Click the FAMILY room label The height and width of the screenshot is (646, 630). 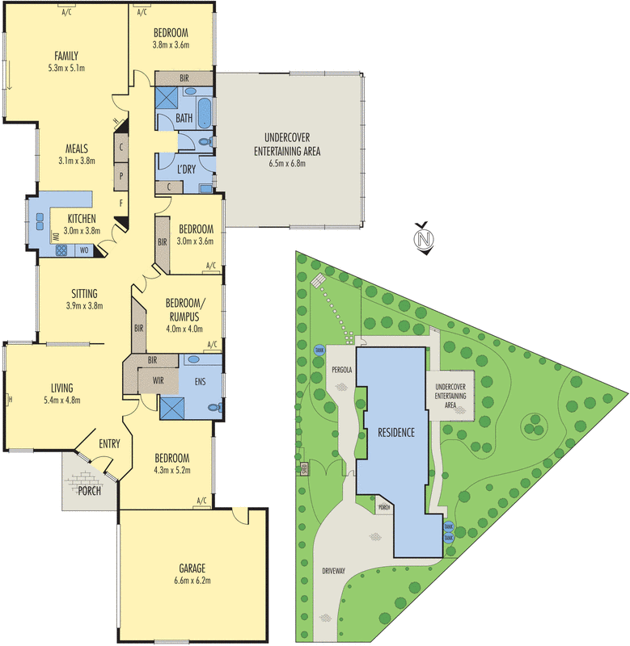coord(66,56)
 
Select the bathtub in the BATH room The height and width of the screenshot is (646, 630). coord(205,112)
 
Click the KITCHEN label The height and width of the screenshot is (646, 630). coord(82,219)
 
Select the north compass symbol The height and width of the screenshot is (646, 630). coord(421,239)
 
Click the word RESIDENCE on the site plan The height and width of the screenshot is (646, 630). coord(395,432)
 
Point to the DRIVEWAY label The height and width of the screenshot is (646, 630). coord(333,571)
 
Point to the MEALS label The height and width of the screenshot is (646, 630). coord(77,149)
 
